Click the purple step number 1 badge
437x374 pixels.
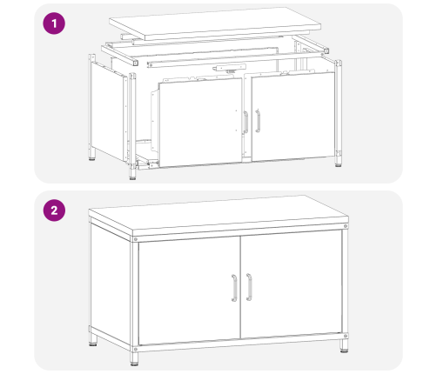[x=54, y=23]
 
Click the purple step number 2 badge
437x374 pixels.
[x=54, y=210]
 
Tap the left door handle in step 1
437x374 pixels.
[x=245, y=123]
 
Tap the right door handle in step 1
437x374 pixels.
[x=258, y=121]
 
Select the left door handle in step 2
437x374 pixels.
[x=234, y=288]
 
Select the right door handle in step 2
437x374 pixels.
[x=249, y=287]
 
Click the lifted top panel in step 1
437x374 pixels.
[x=215, y=23]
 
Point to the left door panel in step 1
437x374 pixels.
[x=200, y=123]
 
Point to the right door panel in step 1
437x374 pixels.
[x=293, y=117]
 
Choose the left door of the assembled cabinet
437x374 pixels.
[x=189, y=291]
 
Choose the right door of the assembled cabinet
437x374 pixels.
[x=292, y=284]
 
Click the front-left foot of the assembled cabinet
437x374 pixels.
[x=134, y=359]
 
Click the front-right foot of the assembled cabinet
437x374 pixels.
[x=344, y=345]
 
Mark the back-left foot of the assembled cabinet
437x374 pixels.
[x=93, y=340]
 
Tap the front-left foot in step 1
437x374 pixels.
[x=132, y=174]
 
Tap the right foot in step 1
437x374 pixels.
[x=338, y=161]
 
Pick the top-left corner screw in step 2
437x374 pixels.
[x=135, y=239]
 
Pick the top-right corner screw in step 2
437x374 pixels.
[x=346, y=226]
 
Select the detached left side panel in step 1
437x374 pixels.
[x=109, y=111]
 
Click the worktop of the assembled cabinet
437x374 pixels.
[x=218, y=216]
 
